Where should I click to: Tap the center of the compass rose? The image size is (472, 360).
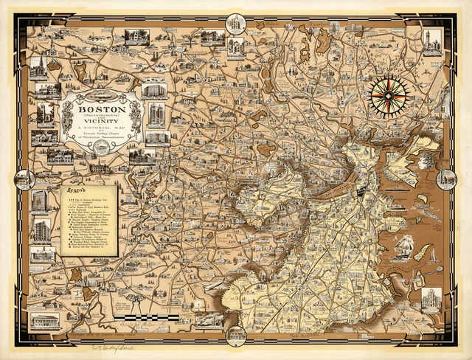(x=390, y=97)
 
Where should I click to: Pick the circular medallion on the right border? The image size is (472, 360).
(x=447, y=179)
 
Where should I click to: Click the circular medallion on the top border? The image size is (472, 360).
(x=235, y=24)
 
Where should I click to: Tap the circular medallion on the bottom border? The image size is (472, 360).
(x=235, y=335)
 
